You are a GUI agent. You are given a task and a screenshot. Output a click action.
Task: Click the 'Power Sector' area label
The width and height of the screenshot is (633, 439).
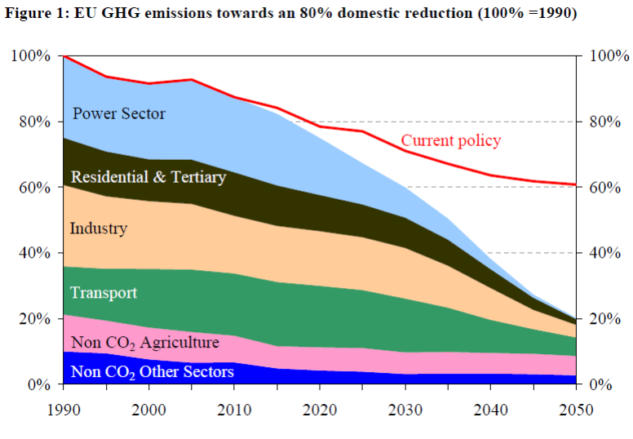(x=119, y=113)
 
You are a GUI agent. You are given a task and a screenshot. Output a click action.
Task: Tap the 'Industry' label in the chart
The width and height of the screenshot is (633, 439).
(x=99, y=228)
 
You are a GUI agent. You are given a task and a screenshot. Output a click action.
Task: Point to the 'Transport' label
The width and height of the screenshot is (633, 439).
(x=104, y=293)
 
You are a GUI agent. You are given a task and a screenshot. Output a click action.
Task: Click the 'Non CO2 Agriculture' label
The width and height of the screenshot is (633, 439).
(x=145, y=342)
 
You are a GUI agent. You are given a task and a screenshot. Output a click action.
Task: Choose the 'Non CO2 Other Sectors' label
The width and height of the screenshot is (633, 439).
(x=153, y=373)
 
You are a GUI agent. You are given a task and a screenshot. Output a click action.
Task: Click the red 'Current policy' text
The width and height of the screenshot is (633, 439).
(x=451, y=140)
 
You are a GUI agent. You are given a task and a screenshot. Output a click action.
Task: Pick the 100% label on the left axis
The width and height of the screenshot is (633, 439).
(x=30, y=56)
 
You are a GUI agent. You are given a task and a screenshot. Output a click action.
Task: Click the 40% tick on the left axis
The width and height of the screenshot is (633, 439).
(x=34, y=253)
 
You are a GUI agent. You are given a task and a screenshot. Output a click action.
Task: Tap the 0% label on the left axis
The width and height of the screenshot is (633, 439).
(x=38, y=384)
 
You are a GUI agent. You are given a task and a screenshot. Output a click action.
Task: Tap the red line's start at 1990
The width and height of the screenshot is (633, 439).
(x=64, y=56)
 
